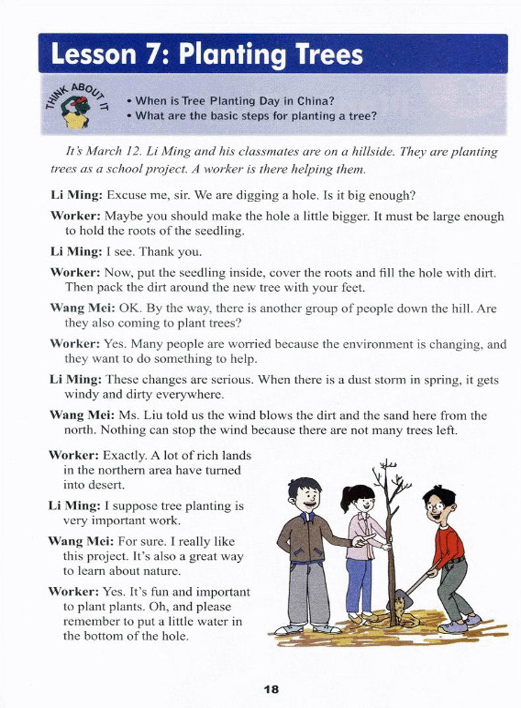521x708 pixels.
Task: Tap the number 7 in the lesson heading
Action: (151, 54)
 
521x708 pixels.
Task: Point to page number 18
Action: (272, 689)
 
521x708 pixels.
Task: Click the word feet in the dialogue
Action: (352, 287)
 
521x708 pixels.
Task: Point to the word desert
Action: (106, 485)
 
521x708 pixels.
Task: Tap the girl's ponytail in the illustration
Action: (346, 498)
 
